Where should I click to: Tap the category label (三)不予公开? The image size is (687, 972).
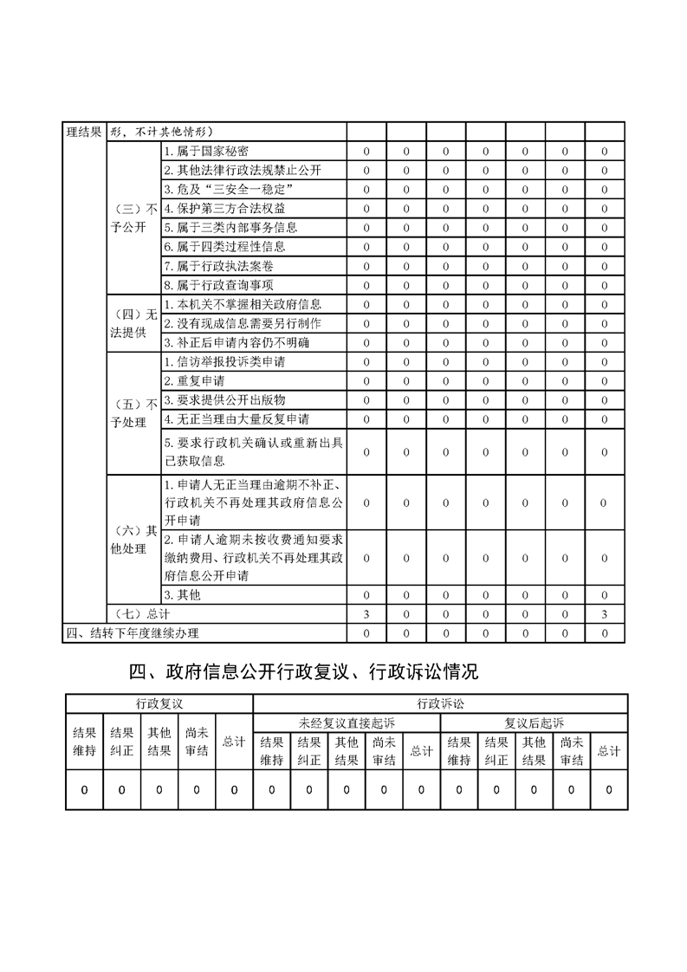click(x=133, y=217)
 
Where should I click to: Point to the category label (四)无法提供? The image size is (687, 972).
click(x=133, y=323)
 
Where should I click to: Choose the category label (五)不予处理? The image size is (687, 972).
click(x=133, y=413)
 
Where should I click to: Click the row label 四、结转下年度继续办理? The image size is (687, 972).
click(x=133, y=632)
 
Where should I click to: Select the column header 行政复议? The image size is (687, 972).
click(x=159, y=703)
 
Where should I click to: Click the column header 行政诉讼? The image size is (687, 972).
click(x=440, y=703)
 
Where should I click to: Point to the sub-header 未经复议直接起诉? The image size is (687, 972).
click(x=347, y=722)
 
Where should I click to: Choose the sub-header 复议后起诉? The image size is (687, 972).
click(x=534, y=722)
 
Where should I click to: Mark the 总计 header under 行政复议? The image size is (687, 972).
click(x=234, y=742)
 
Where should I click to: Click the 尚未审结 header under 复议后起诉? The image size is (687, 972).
click(x=571, y=750)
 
